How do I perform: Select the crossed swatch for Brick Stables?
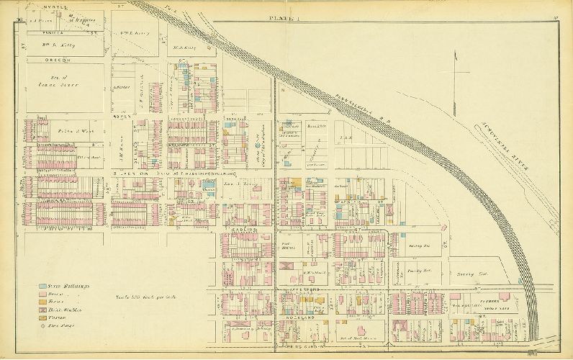(44, 310)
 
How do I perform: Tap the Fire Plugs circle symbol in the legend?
(44, 325)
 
